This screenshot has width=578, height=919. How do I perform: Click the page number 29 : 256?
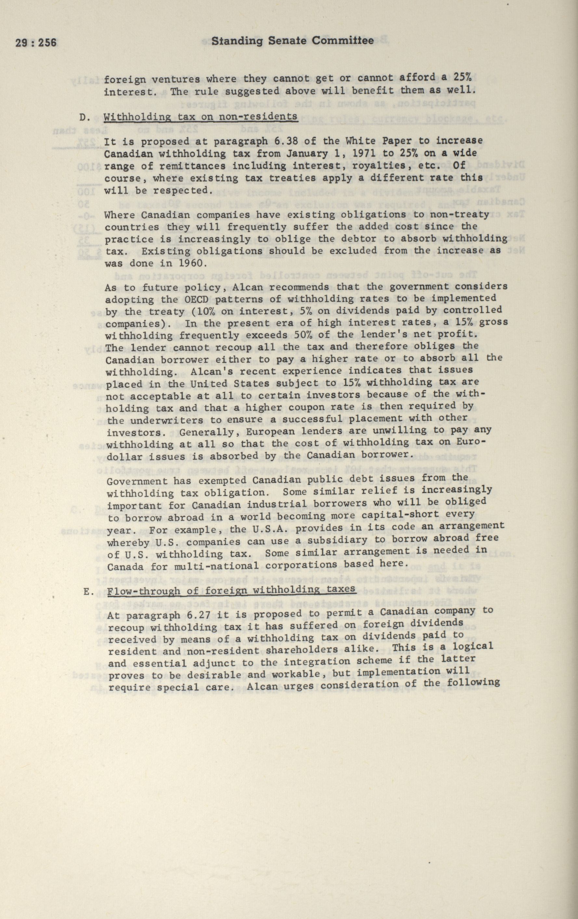tap(36, 42)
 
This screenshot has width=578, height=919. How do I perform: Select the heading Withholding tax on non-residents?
tap(201, 116)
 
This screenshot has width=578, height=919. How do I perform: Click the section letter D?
tap(85, 117)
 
